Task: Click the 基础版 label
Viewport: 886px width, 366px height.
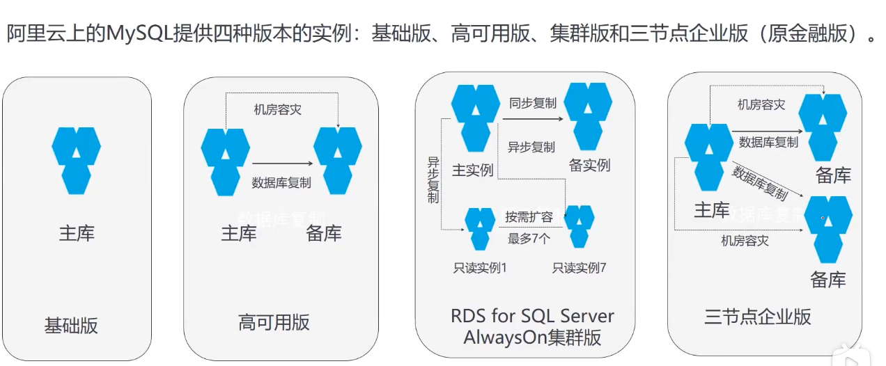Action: click(72, 325)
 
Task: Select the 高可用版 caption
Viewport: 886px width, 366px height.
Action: click(274, 322)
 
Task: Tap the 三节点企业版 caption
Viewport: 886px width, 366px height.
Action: click(758, 317)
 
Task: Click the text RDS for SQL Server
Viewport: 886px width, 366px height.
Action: click(532, 317)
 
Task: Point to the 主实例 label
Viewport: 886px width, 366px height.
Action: click(473, 170)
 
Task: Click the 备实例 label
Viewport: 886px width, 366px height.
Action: click(589, 165)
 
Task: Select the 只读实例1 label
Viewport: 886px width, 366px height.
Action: click(480, 268)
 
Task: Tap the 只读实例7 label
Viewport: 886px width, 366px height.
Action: click(580, 268)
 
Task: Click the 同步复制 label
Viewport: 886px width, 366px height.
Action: click(533, 103)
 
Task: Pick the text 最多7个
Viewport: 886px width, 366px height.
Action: click(529, 239)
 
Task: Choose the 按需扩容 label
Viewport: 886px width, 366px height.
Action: click(529, 216)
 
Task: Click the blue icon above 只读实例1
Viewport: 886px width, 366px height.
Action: click(480, 228)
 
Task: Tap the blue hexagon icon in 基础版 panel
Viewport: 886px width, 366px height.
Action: click(77, 160)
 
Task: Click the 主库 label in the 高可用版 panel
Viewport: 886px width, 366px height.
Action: click(239, 233)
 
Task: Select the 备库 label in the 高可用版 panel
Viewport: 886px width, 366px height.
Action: click(324, 233)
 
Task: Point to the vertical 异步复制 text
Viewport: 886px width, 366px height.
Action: click(433, 180)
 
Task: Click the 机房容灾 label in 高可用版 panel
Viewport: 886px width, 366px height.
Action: click(278, 110)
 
